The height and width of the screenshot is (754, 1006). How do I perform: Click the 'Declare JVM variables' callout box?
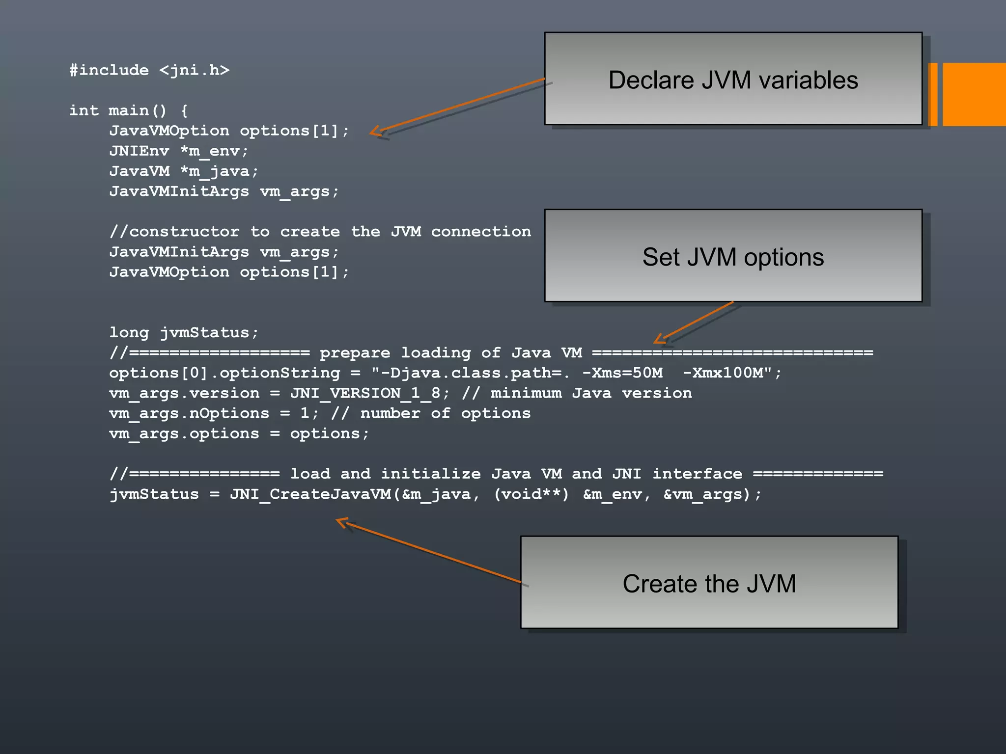point(733,79)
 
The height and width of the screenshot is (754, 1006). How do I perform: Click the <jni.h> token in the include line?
point(194,70)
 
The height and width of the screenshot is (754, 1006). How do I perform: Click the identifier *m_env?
point(214,151)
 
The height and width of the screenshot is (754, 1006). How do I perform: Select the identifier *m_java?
point(219,171)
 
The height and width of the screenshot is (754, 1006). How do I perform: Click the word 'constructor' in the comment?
point(184,232)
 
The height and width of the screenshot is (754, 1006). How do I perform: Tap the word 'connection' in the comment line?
point(481,232)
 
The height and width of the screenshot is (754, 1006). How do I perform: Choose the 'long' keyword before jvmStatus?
point(129,333)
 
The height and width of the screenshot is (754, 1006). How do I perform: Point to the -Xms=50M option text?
point(622,373)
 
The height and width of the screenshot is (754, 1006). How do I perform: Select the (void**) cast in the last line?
point(531,494)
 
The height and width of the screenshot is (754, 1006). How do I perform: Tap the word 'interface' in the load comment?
point(697,474)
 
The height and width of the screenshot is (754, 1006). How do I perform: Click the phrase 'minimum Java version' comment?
point(591,393)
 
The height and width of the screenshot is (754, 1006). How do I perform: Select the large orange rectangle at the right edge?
point(974,94)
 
